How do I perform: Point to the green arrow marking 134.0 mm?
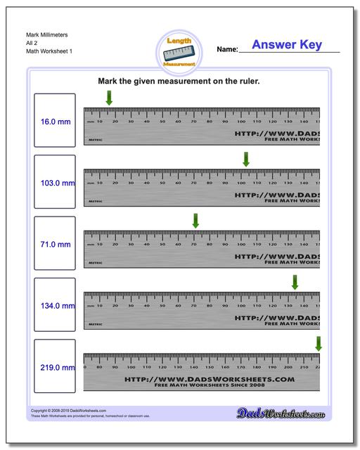(295, 282)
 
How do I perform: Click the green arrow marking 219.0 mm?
(319, 343)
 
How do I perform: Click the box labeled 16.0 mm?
(54, 121)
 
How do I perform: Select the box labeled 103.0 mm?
(54, 183)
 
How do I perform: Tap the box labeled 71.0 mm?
(54, 244)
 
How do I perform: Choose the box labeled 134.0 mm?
(54, 306)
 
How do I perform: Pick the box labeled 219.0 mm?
(54, 367)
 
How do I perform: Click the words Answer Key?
(287, 45)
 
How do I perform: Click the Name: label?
(227, 50)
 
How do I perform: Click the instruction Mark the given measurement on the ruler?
(179, 82)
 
